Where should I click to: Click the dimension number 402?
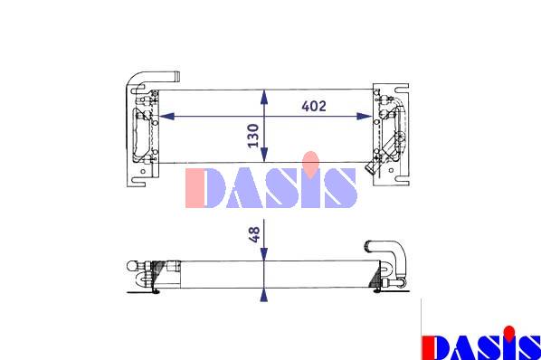(x=314, y=106)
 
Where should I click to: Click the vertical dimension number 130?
(x=253, y=136)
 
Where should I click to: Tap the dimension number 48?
(x=254, y=234)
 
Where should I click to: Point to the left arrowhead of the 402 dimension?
(x=167, y=116)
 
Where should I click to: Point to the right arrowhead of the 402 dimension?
(x=365, y=116)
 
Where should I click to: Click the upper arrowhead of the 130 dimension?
(x=264, y=97)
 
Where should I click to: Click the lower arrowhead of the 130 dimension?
(x=264, y=155)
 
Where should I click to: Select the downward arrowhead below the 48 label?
(x=264, y=254)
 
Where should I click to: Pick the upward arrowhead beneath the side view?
(x=264, y=295)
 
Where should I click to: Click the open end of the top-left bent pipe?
(x=176, y=77)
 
